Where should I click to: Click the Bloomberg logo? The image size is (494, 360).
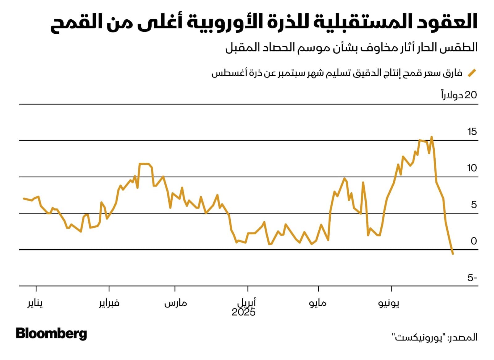tap(51, 334)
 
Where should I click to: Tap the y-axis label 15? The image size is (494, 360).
tap(472, 132)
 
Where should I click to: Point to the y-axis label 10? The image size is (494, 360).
tap(472, 168)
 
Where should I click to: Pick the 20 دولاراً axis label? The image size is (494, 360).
tap(459, 95)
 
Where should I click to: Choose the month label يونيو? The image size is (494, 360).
tap(389, 303)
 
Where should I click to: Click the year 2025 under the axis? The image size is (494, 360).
tap(244, 312)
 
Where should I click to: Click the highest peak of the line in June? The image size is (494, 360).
tap(432, 137)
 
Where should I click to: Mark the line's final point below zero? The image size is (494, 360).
tap(453, 253)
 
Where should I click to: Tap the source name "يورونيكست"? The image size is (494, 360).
tap(419, 337)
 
